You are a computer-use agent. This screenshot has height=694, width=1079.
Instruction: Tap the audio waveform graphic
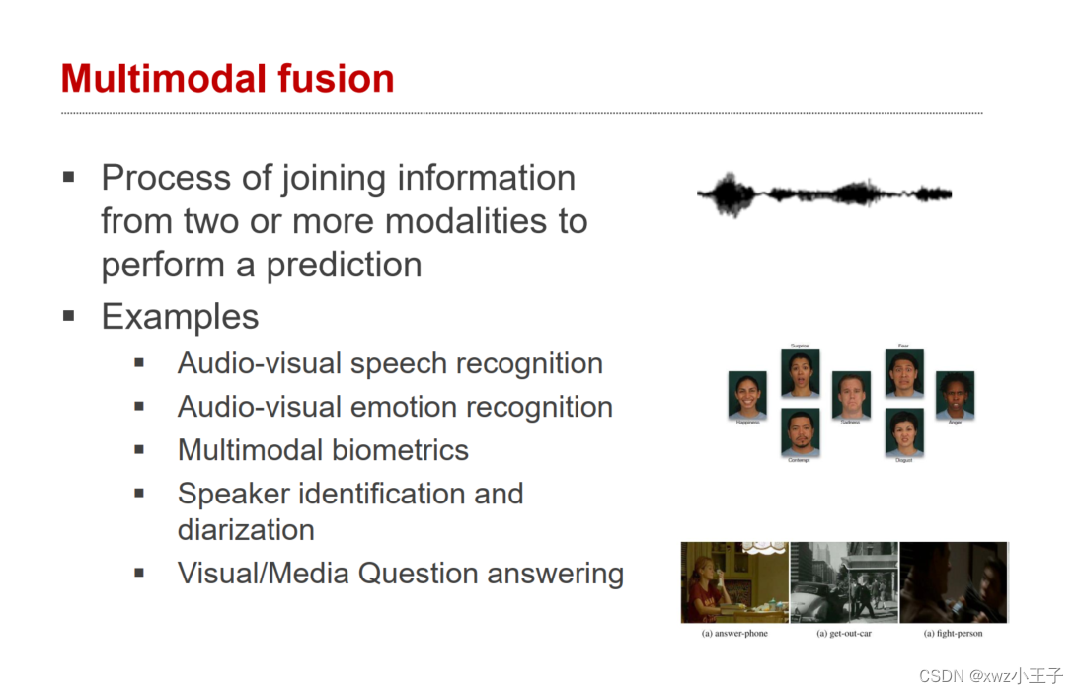coord(824,193)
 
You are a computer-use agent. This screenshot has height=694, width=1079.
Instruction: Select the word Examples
coord(180,317)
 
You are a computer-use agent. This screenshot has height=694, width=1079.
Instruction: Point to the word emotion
coord(407,407)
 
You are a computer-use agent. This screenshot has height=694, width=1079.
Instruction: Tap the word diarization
coord(246,529)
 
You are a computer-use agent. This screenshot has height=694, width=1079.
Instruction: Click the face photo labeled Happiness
coord(747,396)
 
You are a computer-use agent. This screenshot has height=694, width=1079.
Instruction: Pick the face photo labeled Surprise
coord(800,373)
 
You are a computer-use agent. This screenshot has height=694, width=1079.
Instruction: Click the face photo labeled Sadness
coord(851,395)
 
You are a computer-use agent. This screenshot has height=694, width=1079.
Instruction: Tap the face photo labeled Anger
coord(955,395)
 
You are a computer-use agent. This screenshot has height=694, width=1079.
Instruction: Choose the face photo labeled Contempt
coord(800,432)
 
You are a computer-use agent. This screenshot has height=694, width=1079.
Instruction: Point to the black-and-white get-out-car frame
coord(844,582)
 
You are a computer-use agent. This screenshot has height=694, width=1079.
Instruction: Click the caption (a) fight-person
coord(953,633)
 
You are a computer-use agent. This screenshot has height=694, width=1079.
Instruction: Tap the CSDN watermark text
coord(990,676)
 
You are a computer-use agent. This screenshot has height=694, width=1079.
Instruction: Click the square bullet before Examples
coord(68,317)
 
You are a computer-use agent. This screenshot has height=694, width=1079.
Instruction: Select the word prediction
coord(344,265)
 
